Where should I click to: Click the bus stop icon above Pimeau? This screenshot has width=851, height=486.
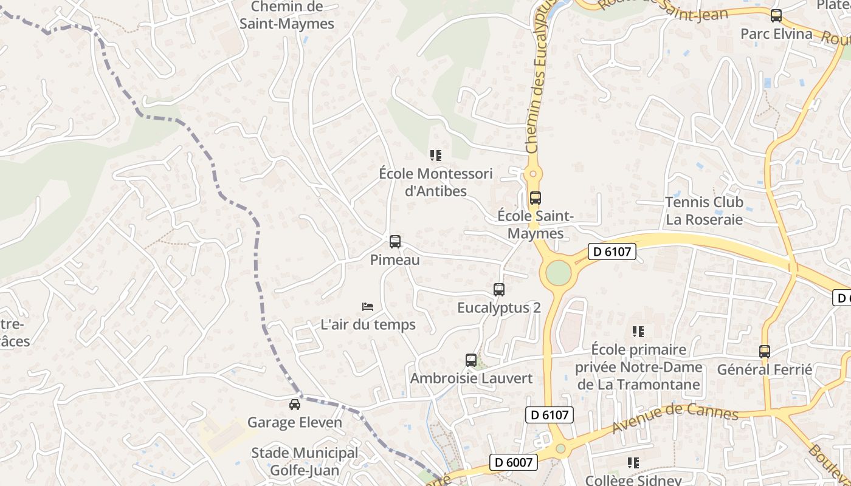click(x=395, y=242)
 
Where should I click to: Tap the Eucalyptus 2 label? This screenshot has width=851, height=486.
click(x=498, y=307)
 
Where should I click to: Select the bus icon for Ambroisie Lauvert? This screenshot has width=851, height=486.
click(x=471, y=360)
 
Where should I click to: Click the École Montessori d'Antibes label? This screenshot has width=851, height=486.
click(x=435, y=182)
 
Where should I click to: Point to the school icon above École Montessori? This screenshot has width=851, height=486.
click(x=435, y=156)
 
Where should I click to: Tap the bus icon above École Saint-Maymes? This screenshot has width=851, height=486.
click(x=535, y=197)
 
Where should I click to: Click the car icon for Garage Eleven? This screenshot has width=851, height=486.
click(x=295, y=404)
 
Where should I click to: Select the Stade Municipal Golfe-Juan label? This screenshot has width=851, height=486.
click(x=305, y=461)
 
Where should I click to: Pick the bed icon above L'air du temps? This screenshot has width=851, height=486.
click(x=368, y=307)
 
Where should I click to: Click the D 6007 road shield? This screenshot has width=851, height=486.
click(x=514, y=462)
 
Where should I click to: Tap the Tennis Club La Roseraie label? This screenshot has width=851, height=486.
click(x=704, y=210)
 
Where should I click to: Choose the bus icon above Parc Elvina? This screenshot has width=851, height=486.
click(x=776, y=16)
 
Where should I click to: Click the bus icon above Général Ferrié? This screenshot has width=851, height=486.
click(x=765, y=351)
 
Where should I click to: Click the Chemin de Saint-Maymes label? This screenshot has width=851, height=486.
click(x=287, y=15)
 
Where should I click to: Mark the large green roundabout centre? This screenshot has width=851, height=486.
click(x=559, y=273)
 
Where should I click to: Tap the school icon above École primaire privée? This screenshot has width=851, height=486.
click(x=638, y=332)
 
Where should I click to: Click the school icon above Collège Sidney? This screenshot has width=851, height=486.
click(x=633, y=463)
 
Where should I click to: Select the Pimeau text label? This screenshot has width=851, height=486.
click(x=395, y=260)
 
